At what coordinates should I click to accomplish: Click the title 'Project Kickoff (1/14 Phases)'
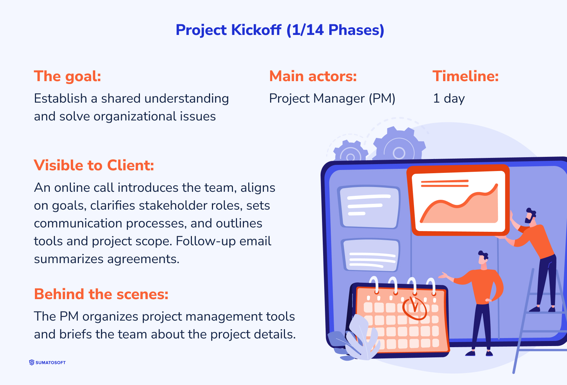click(x=280, y=30)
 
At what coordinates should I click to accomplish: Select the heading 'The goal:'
click(x=67, y=76)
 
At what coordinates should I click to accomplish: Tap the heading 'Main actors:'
click(x=313, y=76)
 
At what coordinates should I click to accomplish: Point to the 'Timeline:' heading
click(x=465, y=76)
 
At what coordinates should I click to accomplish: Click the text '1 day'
click(x=449, y=99)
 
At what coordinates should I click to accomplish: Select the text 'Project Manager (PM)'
click(x=332, y=99)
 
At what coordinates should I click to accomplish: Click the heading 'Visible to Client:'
click(x=94, y=166)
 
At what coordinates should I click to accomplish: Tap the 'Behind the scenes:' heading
click(x=101, y=294)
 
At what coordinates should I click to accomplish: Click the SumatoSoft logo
click(x=47, y=362)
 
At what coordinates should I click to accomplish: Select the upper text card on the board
click(x=369, y=207)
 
